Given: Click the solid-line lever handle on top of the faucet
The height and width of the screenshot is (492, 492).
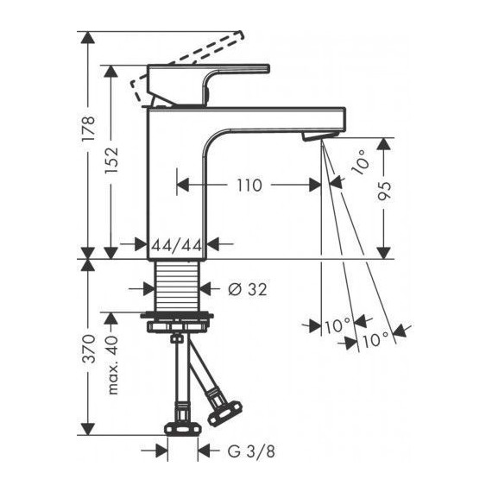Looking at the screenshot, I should [207, 78].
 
